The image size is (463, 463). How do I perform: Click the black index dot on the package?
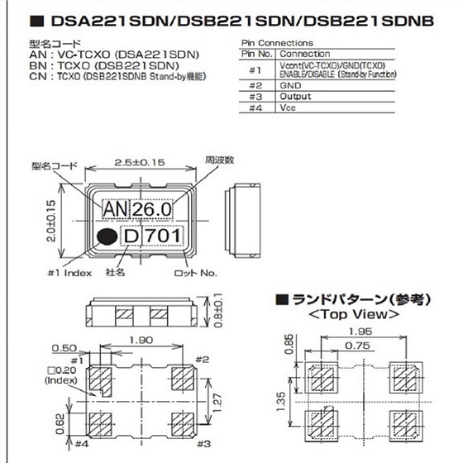106,237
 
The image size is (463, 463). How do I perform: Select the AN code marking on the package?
113,212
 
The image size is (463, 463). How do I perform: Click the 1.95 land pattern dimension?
346,331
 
